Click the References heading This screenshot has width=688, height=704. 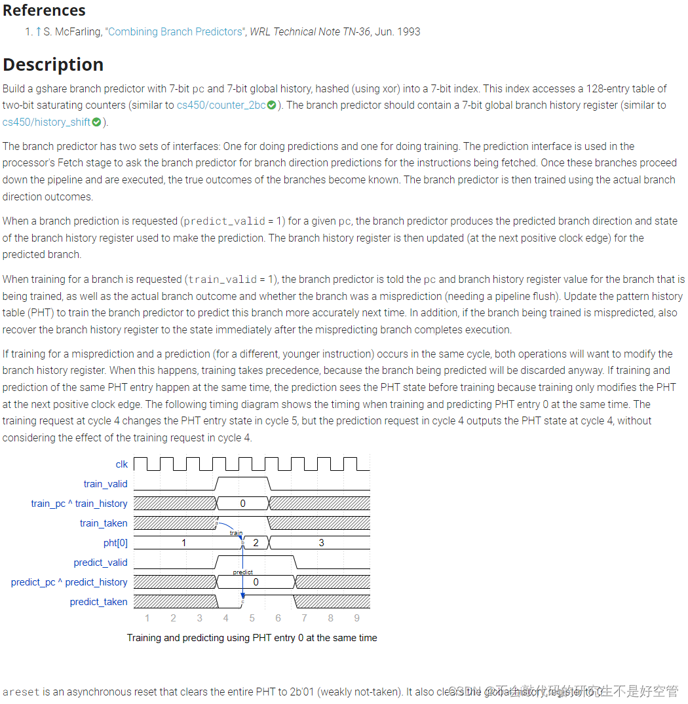(44, 10)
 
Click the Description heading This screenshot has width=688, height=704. (53, 64)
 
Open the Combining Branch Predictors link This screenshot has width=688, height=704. (174, 31)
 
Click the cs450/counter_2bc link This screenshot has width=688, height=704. (221, 105)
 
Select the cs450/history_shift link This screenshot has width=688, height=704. (46, 122)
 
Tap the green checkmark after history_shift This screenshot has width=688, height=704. (97, 122)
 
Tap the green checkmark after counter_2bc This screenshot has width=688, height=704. (271, 105)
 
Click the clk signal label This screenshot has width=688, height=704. (122, 464)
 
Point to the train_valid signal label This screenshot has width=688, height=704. (105, 484)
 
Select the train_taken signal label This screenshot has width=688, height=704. (104, 523)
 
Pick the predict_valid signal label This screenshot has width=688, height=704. (100, 563)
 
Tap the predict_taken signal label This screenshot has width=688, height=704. (98, 602)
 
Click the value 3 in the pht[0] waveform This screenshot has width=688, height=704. (321, 542)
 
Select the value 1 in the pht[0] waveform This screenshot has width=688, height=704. (184, 542)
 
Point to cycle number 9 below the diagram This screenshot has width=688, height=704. (356, 618)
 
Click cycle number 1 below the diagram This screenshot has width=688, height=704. (147, 618)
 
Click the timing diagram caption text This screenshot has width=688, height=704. (252, 638)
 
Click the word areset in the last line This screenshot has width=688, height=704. (21, 692)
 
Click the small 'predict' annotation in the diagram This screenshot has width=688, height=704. (242, 572)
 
